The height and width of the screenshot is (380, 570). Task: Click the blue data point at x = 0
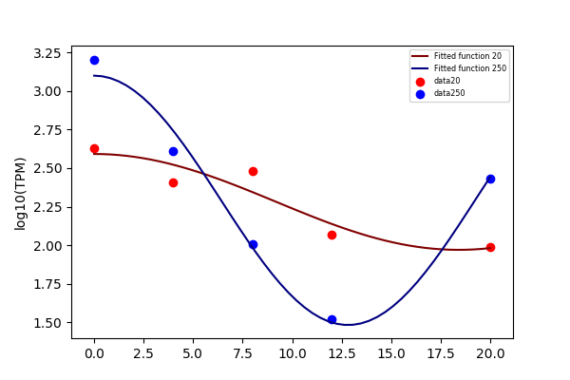pos(94,61)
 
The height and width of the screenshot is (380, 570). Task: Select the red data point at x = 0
pos(94,149)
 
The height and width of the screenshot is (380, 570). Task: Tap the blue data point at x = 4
pos(174,152)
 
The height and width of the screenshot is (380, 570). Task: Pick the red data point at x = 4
pos(174,183)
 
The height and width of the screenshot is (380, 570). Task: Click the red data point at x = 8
pos(253,172)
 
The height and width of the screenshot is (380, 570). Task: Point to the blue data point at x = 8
pos(253,245)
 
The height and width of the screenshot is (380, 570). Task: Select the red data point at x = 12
pos(332,236)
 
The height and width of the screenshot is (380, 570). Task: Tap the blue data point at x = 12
pos(332,319)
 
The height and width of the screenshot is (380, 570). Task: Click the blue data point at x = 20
pos(490,179)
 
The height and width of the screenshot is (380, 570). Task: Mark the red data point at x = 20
pos(490,248)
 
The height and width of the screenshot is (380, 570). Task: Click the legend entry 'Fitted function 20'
pos(467,56)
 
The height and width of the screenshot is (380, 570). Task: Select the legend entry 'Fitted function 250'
pos(470,68)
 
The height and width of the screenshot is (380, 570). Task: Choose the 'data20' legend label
pos(447,81)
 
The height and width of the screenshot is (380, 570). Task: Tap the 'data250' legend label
pos(449,93)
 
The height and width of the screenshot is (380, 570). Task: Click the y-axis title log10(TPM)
pos(20,194)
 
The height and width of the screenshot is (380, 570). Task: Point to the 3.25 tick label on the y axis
pos(47,54)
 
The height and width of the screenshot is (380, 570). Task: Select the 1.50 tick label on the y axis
pos(47,323)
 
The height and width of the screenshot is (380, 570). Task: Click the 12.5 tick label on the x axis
pos(342,353)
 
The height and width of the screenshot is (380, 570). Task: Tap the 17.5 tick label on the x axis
pos(441,353)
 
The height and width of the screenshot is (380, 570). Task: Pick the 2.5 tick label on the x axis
pos(144,353)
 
